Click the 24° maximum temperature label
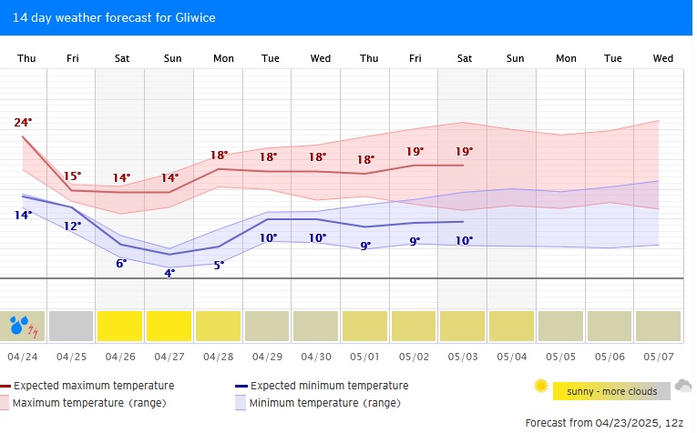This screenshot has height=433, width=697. (x=23, y=122)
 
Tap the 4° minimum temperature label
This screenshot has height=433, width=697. (x=169, y=272)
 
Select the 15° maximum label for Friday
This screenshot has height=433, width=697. (x=72, y=176)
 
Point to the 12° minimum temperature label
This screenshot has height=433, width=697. (x=72, y=226)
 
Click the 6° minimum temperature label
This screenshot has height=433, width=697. (x=121, y=263)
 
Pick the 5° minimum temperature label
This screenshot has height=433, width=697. (x=219, y=265)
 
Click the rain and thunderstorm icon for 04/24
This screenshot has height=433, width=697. (x=24, y=325)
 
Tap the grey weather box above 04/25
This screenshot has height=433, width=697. (x=72, y=325)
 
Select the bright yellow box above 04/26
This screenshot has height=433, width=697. (x=120, y=325)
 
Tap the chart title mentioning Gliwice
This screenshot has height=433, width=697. (x=114, y=17)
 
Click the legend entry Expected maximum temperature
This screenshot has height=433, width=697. (x=94, y=386)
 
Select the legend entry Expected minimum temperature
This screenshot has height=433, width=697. (x=329, y=386)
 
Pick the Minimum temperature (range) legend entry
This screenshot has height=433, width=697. (x=324, y=402)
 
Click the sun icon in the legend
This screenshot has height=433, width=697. (x=541, y=387)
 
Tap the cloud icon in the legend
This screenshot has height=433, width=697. (x=682, y=387)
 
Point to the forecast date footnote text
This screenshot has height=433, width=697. (x=604, y=423)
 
